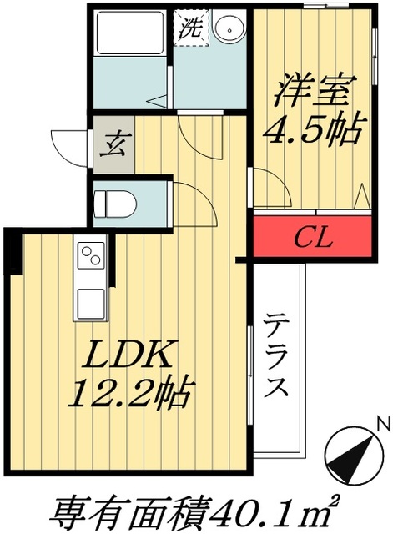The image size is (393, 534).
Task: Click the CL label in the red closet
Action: pyautogui.click(x=313, y=238)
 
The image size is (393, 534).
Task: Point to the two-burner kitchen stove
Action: pyautogui.click(x=89, y=258)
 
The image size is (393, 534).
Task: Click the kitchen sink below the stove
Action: pyautogui.click(x=89, y=301)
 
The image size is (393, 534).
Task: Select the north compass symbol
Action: pyautogui.click(x=350, y=455)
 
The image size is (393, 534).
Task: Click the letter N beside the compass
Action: pyautogui.click(x=383, y=425)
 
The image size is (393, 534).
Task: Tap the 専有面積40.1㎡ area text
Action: pyautogui.click(x=197, y=510)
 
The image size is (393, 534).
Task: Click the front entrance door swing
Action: pyautogui.click(x=70, y=144)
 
